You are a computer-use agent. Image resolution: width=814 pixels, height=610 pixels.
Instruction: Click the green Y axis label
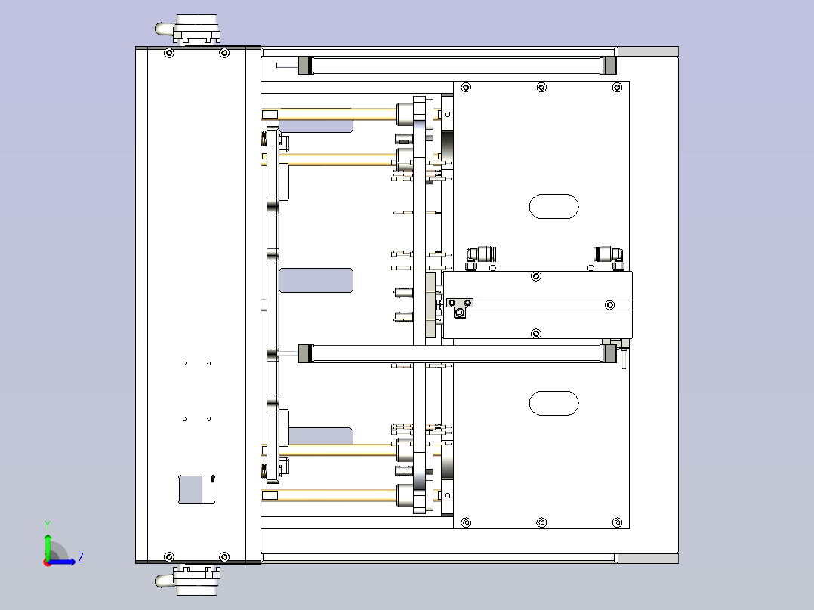pos(47,524)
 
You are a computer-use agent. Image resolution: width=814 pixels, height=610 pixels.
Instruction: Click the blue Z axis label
pos(80,558)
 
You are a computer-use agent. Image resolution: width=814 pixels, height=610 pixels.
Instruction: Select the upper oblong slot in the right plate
pos(553,207)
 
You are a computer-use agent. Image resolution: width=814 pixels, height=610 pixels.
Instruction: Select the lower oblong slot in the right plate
pos(553,403)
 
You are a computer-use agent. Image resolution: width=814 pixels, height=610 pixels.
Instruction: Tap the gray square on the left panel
pos(196,489)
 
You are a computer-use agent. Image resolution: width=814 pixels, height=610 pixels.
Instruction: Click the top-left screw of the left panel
pos(168,53)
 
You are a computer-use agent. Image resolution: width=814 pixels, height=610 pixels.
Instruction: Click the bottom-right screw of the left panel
pos(224,557)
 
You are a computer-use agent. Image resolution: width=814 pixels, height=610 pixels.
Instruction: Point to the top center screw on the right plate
pos(541,88)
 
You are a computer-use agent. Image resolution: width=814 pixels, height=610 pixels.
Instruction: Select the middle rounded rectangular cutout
pos(316,280)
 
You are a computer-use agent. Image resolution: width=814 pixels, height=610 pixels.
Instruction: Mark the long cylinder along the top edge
pos(457,65)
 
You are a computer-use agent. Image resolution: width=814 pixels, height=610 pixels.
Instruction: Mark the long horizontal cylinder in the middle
pos(457,353)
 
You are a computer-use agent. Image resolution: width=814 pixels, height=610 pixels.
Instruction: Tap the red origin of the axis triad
pos(48,561)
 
